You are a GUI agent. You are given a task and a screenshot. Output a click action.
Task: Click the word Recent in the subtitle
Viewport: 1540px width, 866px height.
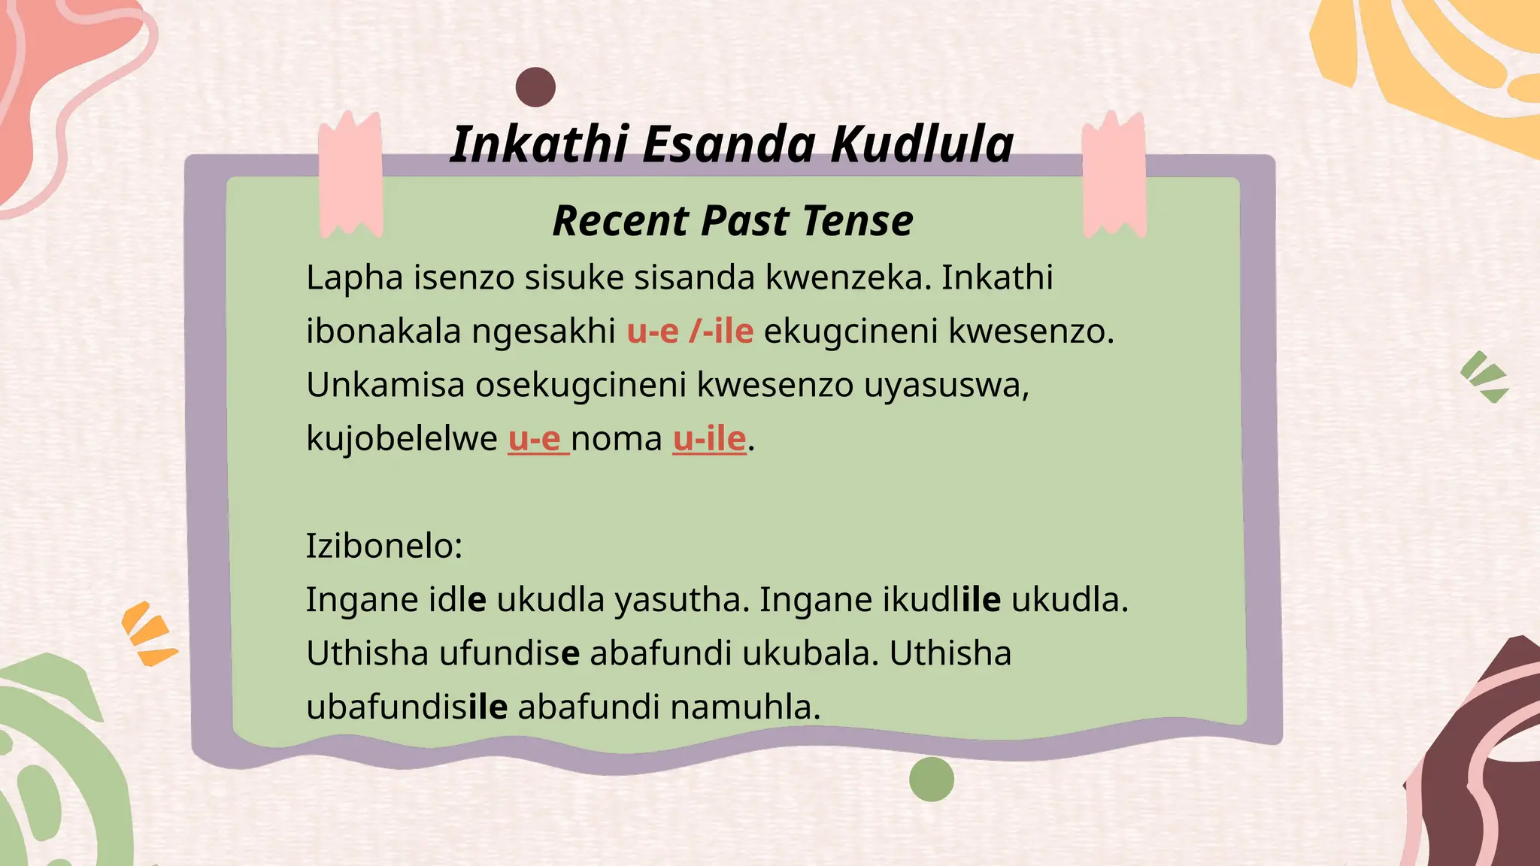tap(620, 221)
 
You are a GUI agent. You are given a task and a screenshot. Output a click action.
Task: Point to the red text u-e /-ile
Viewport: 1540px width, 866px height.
tap(690, 331)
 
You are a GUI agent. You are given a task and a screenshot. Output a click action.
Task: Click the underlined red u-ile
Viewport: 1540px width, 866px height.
tap(709, 438)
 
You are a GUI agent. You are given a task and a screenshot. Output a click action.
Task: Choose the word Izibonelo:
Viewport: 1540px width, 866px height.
tap(383, 546)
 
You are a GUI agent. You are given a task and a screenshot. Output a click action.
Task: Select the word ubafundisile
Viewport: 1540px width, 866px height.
tap(407, 707)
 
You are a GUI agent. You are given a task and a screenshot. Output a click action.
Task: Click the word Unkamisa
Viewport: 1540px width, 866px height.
tap(385, 385)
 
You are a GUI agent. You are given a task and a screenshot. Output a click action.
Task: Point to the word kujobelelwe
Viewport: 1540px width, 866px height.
tap(402, 438)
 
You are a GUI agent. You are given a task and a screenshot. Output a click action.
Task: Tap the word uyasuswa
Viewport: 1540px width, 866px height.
tap(946, 385)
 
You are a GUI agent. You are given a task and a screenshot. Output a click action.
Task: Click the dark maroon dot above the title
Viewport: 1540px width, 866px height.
tap(535, 87)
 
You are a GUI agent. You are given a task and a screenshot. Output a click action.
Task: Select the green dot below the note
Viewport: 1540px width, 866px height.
tap(931, 780)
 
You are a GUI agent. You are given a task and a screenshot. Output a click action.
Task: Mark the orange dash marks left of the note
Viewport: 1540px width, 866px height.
tap(149, 634)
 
